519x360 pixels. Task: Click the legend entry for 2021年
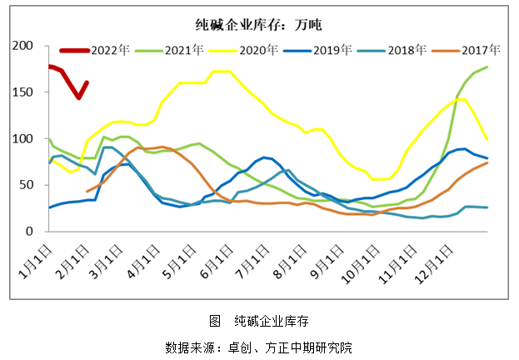[x=183, y=50]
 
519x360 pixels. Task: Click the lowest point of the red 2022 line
[x=78, y=97]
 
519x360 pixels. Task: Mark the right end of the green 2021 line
[x=487, y=67]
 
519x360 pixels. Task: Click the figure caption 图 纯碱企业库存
[x=258, y=321]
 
